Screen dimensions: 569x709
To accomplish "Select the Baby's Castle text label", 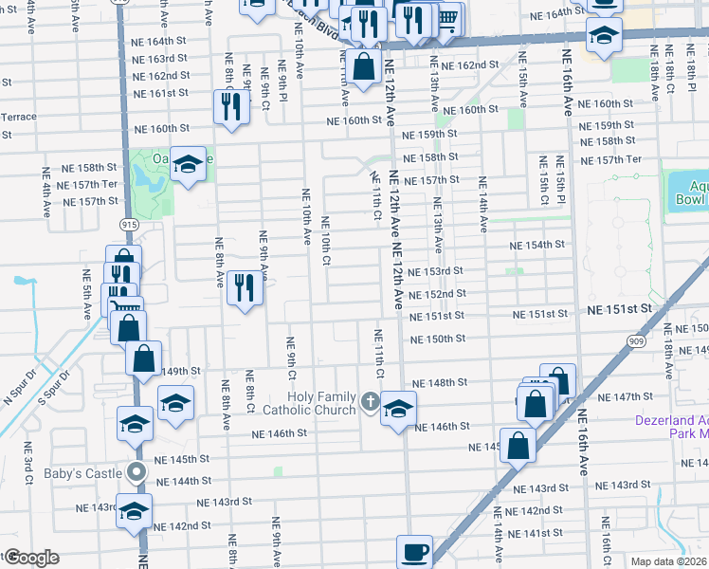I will [82, 473].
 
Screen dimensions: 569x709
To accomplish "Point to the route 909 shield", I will [636, 340].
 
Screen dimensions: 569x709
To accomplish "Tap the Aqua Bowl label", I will [691, 193].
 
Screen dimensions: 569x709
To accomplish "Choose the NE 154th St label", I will [536, 245].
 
